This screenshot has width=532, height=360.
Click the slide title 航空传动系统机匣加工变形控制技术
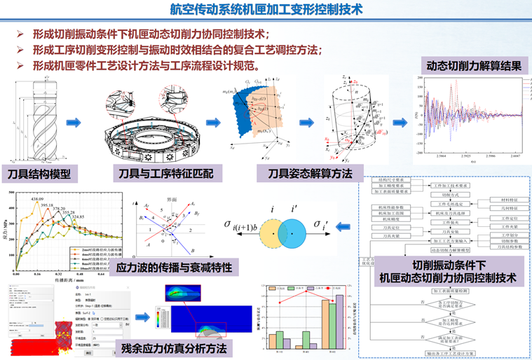click(x=266, y=10)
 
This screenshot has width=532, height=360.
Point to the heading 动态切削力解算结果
click(x=469, y=67)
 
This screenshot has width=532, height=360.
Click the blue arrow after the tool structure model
click(x=74, y=123)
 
